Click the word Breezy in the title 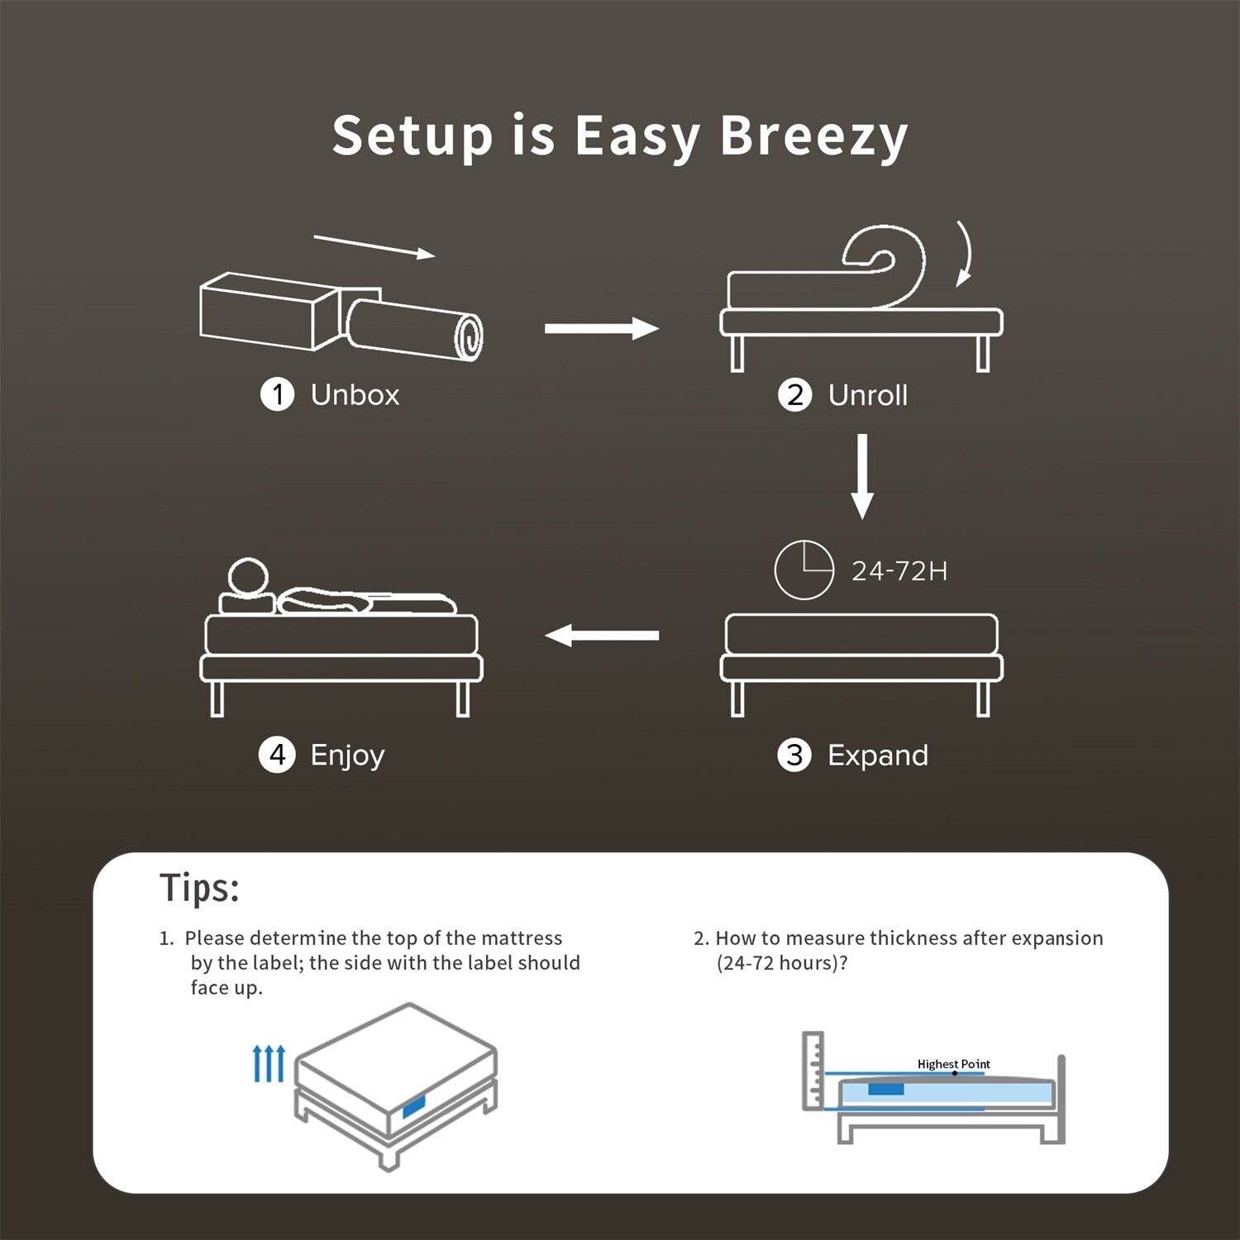point(813,136)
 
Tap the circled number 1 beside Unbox point(278,394)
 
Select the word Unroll point(867,395)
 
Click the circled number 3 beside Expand point(794,755)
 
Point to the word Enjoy point(347,756)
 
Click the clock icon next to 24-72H point(804,570)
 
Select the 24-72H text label point(899,571)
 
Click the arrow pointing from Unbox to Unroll point(601,328)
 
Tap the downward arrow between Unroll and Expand point(862,476)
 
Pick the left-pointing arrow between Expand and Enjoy point(601,636)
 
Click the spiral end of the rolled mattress point(470,336)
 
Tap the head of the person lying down point(248,577)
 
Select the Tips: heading point(199,889)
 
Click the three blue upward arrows point(269,1063)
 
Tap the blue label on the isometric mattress point(413,1107)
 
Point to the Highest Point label point(953,1064)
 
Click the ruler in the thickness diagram point(813,1071)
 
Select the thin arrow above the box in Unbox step point(374,246)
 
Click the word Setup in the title point(412,136)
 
